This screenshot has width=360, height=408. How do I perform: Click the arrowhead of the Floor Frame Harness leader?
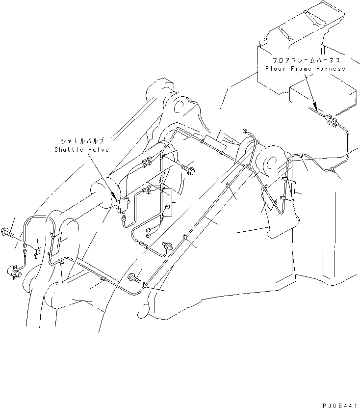click(317, 109)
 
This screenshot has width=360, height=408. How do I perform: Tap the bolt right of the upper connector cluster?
click(190, 170)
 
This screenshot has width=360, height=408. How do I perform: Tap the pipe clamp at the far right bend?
click(332, 170)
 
